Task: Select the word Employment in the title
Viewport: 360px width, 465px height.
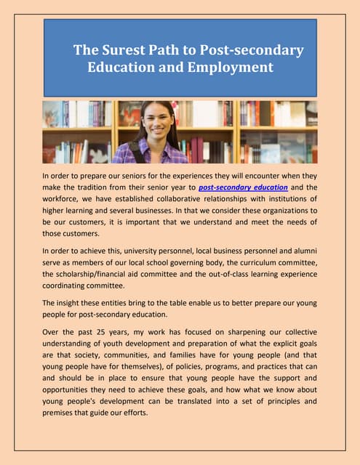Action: click(232, 68)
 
